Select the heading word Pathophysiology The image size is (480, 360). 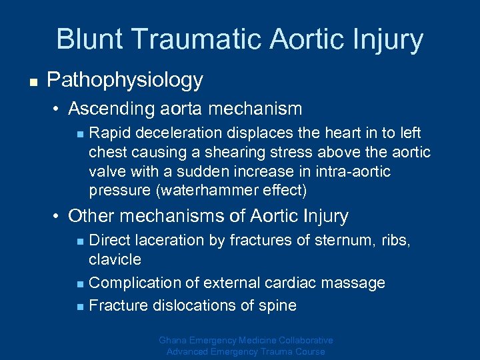[x=125, y=81]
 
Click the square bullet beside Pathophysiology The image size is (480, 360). [x=32, y=82]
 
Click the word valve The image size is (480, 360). [x=105, y=172]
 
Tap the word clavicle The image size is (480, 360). [x=115, y=259]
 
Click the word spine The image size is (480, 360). [x=279, y=306]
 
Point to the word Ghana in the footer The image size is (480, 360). [x=174, y=340]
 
